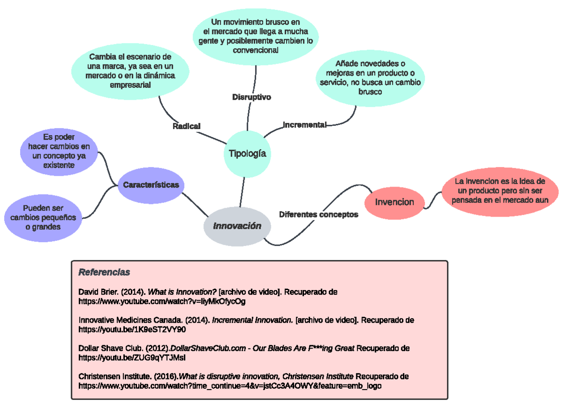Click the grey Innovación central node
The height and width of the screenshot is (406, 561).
237,226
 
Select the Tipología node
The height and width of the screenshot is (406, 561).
247,153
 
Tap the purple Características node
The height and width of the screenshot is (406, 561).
151,185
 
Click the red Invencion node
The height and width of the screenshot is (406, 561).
395,202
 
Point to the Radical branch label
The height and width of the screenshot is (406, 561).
186,126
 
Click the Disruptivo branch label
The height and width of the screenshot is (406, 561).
252,97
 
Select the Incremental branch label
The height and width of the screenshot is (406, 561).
304,125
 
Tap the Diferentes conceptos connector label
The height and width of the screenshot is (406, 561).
318,215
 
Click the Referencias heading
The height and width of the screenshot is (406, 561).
104,272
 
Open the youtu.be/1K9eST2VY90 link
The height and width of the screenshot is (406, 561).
132,330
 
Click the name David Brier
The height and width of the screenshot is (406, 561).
98,292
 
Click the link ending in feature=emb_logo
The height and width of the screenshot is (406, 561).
230,386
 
